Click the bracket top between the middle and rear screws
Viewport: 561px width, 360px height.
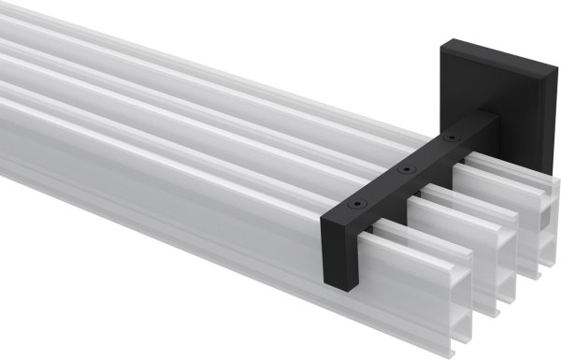point(427,154)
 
